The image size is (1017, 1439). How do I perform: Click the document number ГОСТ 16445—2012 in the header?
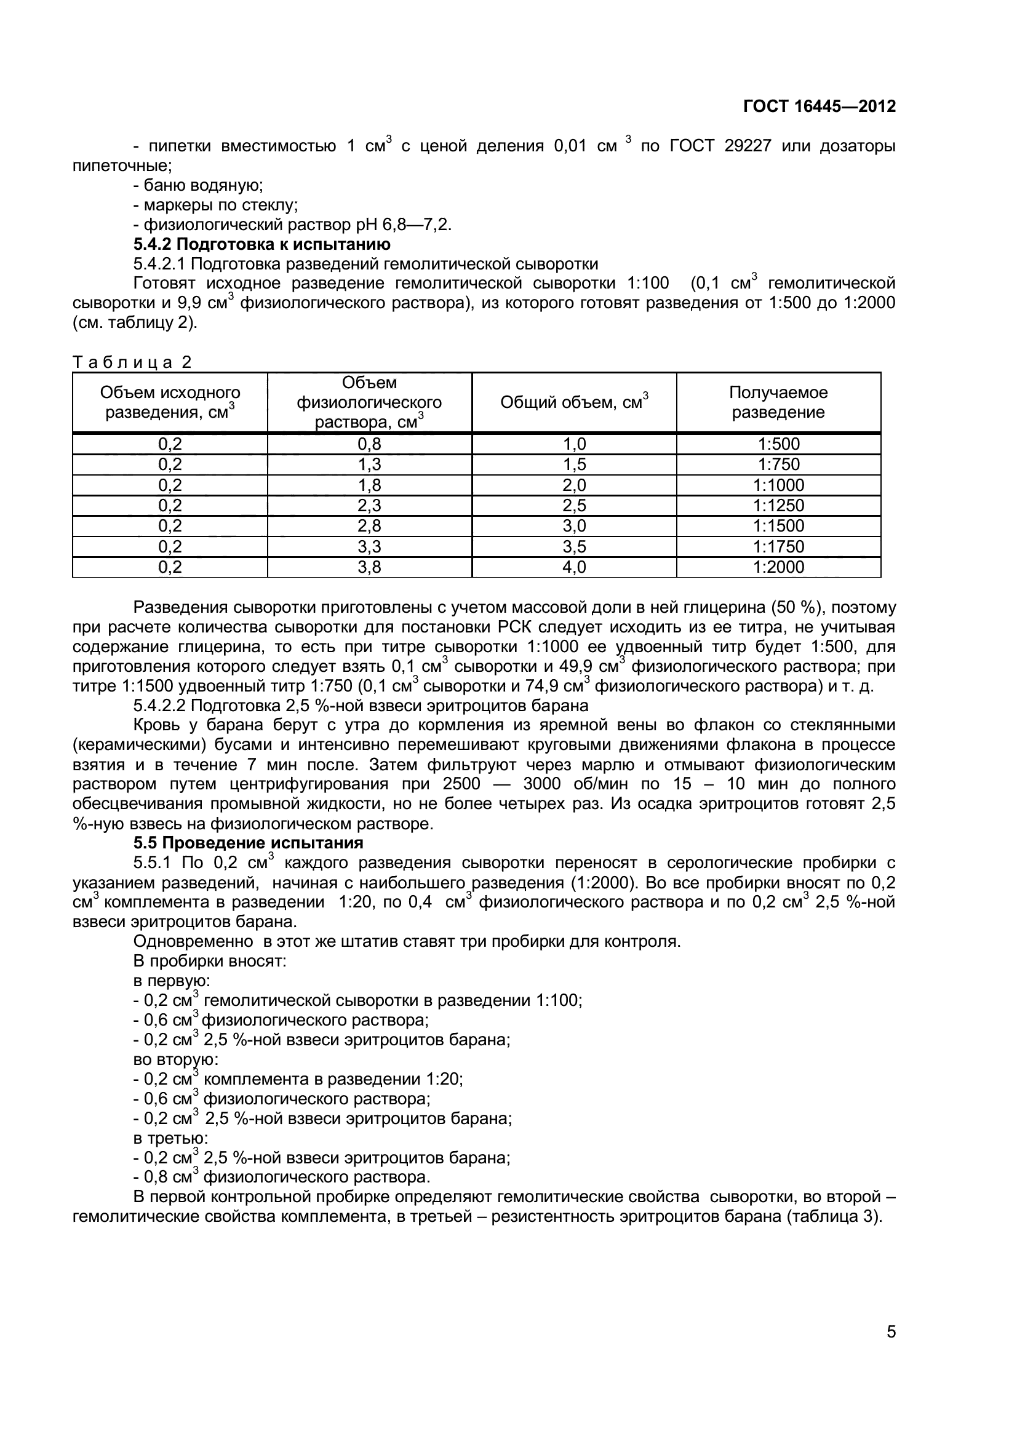pos(819,106)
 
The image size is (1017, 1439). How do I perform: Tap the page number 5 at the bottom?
pos(891,1349)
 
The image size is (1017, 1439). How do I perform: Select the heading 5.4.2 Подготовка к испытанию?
pos(262,244)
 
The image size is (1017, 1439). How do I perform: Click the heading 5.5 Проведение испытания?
pos(248,843)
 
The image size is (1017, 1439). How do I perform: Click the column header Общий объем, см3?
pos(574,402)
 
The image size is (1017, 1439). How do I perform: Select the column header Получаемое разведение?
pos(778,402)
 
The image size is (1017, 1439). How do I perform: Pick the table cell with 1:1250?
pos(778,505)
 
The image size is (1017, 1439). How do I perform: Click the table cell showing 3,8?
pos(369,567)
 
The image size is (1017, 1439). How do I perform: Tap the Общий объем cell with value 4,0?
pos(574,567)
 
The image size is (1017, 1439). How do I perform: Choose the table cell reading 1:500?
pos(778,444)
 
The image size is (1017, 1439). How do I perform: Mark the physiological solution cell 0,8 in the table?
pos(369,444)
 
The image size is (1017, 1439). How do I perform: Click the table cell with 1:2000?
pos(778,567)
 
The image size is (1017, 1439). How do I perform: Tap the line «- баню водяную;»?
pos(198,186)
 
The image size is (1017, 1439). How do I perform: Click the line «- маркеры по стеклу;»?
pos(215,205)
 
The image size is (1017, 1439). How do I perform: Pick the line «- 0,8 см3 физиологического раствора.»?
pos(282,1177)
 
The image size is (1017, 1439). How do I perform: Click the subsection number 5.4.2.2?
pos(159,706)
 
